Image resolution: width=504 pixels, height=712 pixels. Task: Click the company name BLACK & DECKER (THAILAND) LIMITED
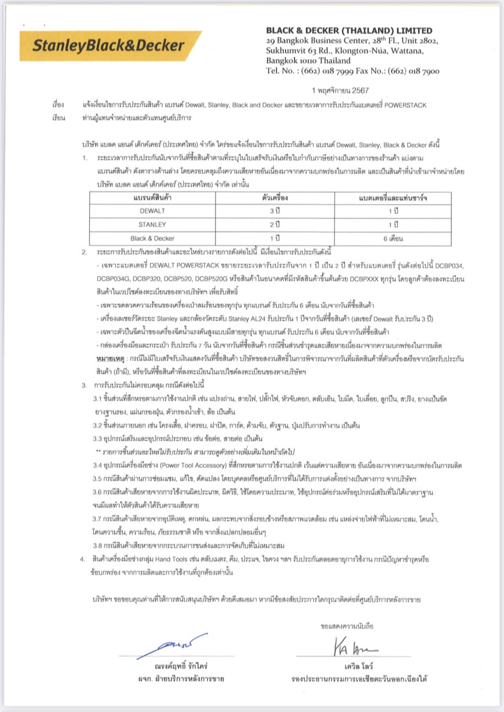[x=349, y=31]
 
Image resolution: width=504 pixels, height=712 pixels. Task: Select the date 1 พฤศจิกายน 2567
[x=340, y=90]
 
